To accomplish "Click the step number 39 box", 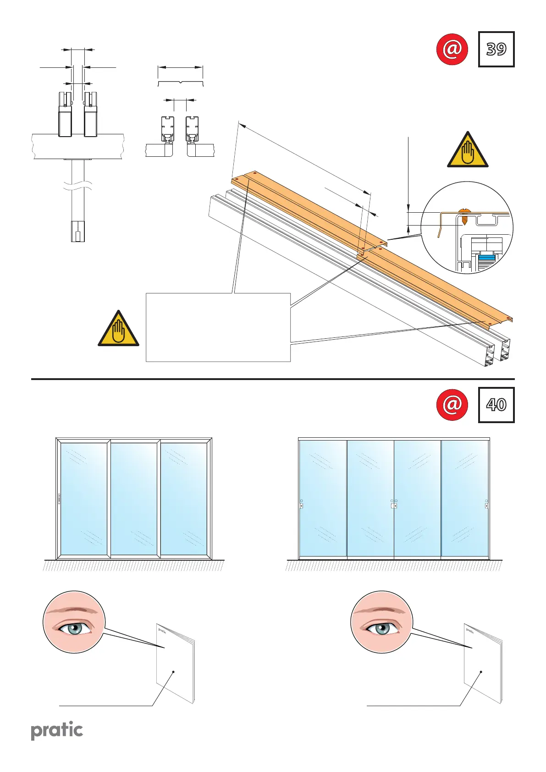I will click(x=496, y=49).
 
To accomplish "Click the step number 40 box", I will click(x=496, y=405).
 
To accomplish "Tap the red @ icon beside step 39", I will click(x=452, y=49).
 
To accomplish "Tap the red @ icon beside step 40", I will click(x=452, y=405).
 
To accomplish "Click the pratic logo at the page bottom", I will click(x=57, y=731).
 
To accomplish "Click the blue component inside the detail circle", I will click(x=486, y=262).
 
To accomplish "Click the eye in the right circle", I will click(x=381, y=628).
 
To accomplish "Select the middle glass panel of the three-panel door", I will click(x=134, y=499).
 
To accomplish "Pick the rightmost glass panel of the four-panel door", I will click(x=465, y=499).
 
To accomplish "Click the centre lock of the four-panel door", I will click(x=394, y=506).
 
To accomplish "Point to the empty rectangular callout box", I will click(x=218, y=327).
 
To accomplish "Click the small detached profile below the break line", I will click(x=78, y=231).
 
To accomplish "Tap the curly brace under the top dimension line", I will click(x=180, y=83).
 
